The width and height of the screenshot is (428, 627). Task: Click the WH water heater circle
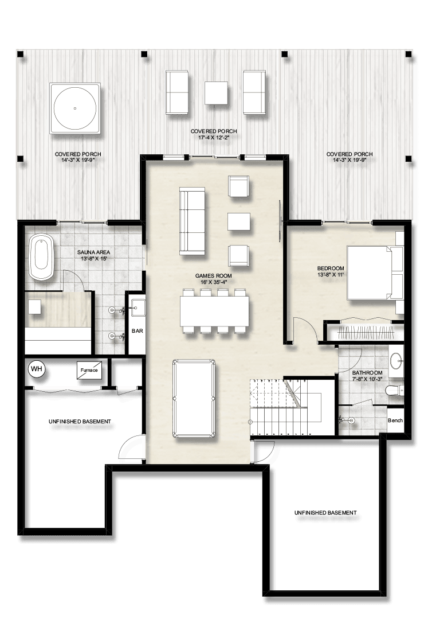point(37,369)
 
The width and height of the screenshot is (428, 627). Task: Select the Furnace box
point(89,370)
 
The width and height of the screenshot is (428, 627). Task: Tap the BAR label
point(138,331)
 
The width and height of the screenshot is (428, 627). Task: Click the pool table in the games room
point(194,399)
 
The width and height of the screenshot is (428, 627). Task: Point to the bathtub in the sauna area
point(41,258)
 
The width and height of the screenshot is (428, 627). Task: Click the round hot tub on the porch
point(75,108)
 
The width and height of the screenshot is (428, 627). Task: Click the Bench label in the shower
point(395,420)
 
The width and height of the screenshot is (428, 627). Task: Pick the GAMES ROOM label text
point(214,275)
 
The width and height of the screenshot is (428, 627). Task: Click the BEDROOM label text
point(331,268)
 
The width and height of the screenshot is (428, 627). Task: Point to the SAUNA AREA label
point(93,252)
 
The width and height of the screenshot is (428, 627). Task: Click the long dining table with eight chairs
point(215,311)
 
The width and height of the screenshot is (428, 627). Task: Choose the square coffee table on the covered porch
point(217,93)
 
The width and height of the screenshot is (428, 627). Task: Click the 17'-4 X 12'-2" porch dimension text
point(214,137)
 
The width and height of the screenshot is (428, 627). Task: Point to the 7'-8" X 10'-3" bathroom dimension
point(367,378)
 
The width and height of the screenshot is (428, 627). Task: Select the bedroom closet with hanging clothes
point(364,332)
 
